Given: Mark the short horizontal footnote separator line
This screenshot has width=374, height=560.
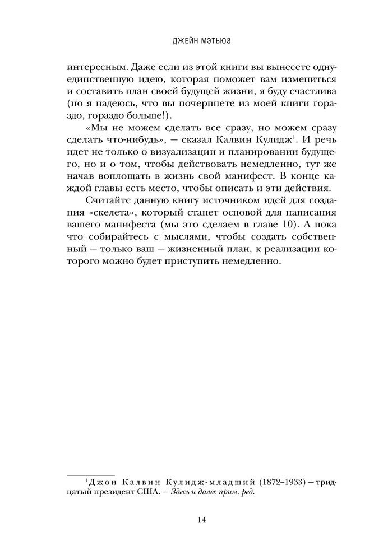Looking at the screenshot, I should click(91, 474).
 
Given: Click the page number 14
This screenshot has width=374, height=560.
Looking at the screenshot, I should click(187, 520).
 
